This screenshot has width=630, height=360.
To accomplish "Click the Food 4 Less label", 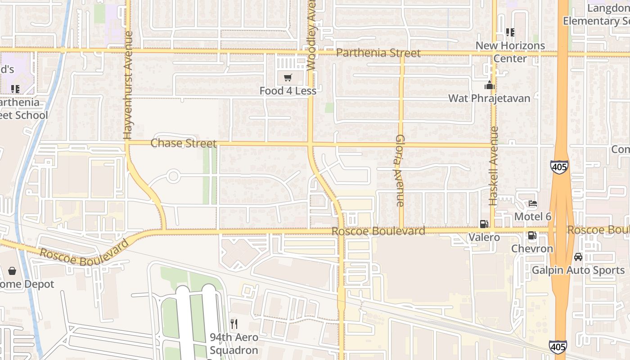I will (x=288, y=91).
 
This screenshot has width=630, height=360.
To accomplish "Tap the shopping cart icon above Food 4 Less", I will (x=288, y=78).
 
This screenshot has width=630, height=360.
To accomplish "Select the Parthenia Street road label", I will (x=378, y=53).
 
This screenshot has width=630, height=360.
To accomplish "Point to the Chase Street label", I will (x=184, y=143).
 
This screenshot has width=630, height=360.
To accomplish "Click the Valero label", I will (x=484, y=237).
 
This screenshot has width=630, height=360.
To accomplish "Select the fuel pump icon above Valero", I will (x=484, y=224).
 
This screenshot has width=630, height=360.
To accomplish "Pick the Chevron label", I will (x=532, y=248).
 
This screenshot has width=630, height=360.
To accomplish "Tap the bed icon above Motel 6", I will (x=533, y=203).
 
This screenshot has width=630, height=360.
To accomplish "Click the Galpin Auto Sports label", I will (x=578, y=270).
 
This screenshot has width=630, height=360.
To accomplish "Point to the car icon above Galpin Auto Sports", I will (x=578, y=257).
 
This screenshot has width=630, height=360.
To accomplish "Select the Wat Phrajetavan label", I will (x=489, y=98).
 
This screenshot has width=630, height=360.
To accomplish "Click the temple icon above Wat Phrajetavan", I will (x=490, y=85).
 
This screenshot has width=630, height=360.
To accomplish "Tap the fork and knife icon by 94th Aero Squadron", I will (x=234, y=324).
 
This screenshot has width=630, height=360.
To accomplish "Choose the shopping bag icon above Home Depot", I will (x=12, y=271).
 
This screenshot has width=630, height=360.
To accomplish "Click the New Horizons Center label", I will (x=510, y=52).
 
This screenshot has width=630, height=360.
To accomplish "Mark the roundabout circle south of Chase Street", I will (x=173, y=176).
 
